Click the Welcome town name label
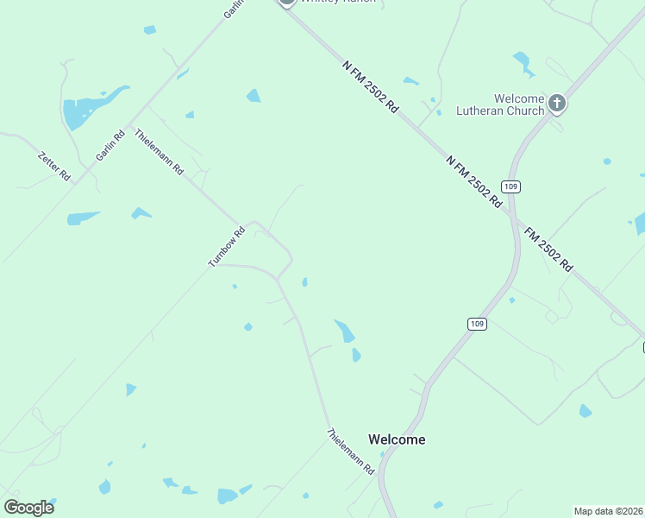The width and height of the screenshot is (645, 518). tap(397, 439)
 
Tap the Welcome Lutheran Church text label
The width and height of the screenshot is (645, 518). tap(518, 104)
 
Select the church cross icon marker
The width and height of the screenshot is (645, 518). tap(557, 104)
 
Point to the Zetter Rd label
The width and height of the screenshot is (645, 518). tap(54, 166)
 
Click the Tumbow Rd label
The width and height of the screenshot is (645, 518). tap(227, 246)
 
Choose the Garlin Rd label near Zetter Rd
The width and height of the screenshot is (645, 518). tap(106, 145)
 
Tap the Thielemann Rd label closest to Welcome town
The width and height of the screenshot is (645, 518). tap(350, 451)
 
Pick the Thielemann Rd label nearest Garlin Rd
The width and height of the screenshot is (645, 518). tap(159, 152)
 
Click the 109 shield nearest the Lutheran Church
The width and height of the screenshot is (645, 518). tap(512, 186)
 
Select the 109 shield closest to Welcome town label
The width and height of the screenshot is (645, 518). tap(478, 324)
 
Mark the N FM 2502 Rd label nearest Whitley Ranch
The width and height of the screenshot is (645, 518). tap(370, 86)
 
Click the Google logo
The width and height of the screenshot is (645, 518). tap(28, 508)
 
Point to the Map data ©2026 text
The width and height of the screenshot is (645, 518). tap(608, 511)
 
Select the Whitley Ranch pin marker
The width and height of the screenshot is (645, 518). tap(287, 3)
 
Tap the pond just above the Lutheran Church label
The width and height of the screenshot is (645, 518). tap(522, 62)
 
